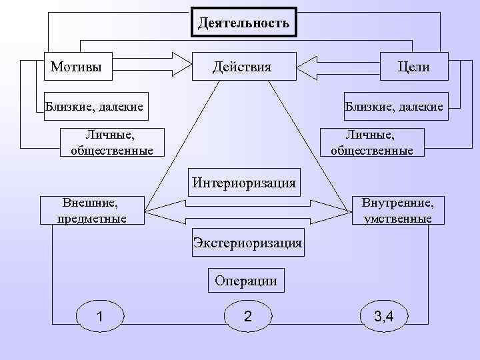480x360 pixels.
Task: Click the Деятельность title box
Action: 244,23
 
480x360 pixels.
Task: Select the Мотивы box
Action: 77,67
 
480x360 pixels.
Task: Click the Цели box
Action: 413,67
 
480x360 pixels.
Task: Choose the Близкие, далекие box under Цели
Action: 394,105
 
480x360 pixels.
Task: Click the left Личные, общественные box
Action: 111,143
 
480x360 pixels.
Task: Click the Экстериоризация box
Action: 247,243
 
